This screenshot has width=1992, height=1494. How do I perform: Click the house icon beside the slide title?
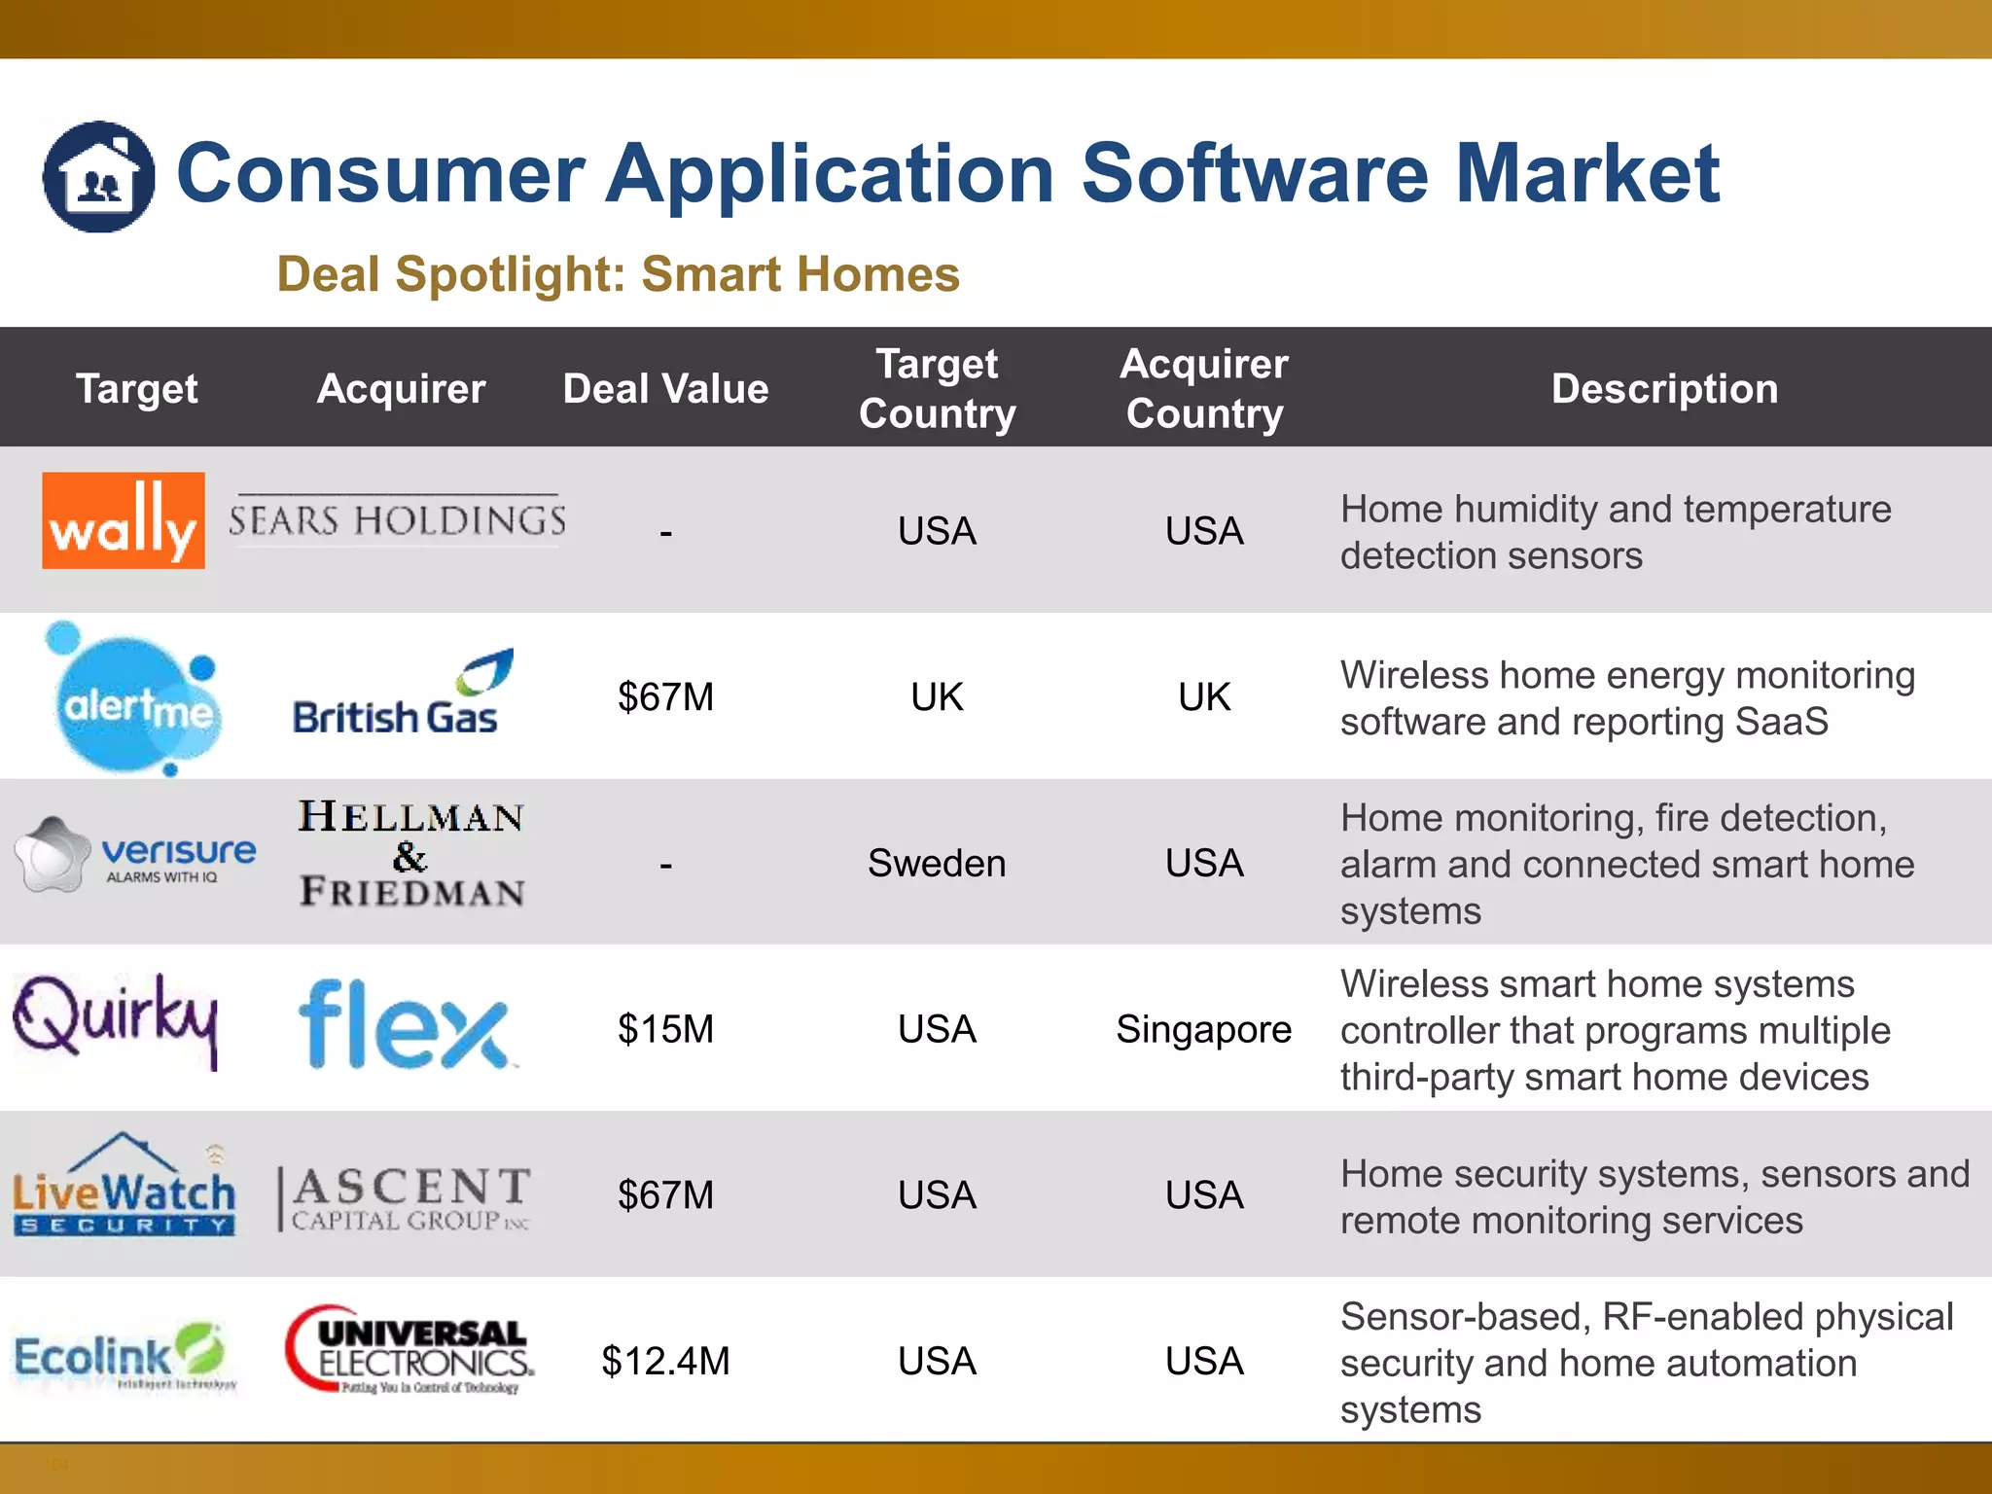[x=98, y=177]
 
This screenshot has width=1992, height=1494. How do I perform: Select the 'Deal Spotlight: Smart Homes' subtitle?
[x=619, y=274]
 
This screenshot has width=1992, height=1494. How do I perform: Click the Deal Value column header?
[x=665, y=389]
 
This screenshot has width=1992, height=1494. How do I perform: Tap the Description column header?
[x=1664, y=389]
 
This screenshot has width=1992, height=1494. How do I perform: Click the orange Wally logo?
[x=124, y=520]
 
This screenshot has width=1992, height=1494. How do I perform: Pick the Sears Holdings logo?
[x=397, y=521]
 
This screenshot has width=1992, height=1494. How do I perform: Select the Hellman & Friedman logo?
[x=410, y=854]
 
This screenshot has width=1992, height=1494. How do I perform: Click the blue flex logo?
[x=403, y=1025]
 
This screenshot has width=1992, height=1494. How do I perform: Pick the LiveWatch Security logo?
[x=124, y=1187]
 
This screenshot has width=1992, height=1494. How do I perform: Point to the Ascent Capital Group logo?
[x=406, y=1198]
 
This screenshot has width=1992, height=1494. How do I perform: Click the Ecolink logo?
[x=122, y=1354]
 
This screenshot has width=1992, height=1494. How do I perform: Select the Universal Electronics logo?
[x=410, y=1350]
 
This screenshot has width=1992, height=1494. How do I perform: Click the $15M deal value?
[x=665, y=1029]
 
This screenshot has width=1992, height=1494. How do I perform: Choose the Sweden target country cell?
[x=937, y=864]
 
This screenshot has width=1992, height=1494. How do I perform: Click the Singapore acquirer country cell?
[x=1204, y=1029]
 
